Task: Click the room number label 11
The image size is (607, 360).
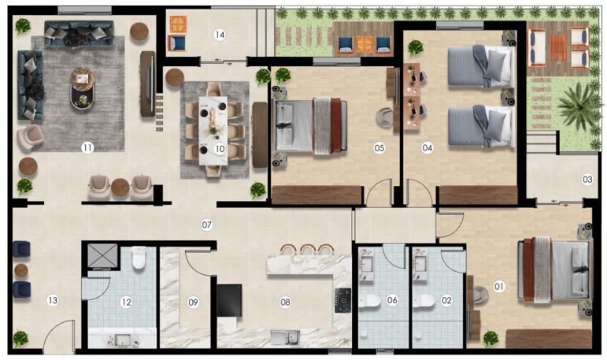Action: (87, 147)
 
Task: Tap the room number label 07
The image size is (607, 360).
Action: (207, 225)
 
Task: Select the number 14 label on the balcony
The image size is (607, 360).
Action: (220, 35)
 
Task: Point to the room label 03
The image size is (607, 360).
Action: (587, 180)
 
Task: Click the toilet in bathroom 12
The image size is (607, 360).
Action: (139, 258)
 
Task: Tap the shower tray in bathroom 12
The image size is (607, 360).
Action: (102, 255)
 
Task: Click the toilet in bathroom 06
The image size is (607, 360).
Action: (369, 301)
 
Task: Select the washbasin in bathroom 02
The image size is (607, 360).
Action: (420, 264)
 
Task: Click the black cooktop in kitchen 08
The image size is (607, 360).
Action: (343, 300)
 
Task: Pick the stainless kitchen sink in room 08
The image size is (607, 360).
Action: (285, 337)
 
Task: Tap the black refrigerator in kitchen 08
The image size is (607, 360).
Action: (230, 301)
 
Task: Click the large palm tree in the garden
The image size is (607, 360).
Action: (579, 105)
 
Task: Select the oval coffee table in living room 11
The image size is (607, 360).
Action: (82, 88)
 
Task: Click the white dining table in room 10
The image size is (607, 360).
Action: (213, 130)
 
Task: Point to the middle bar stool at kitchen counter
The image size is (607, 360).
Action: (308, 250)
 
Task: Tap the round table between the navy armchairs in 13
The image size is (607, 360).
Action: (21, 270)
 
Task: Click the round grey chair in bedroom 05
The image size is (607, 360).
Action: (385, 117)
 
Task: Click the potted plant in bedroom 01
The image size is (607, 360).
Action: (490, 339)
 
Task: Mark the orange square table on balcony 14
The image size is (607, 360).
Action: (178, 24)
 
